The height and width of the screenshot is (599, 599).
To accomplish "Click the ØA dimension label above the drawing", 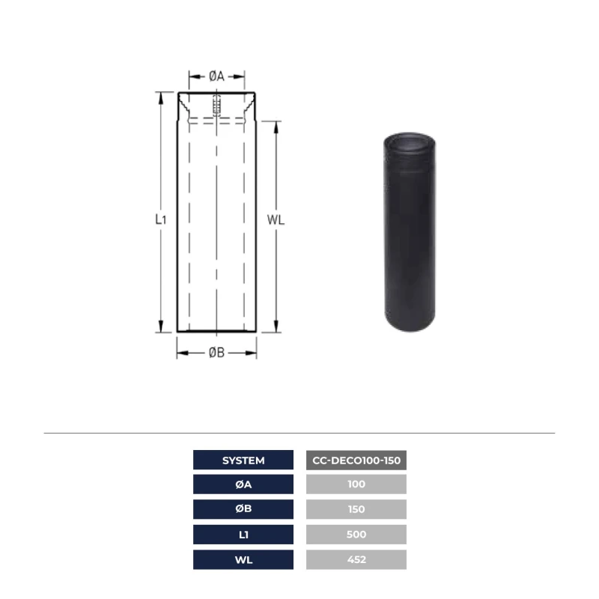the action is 216,76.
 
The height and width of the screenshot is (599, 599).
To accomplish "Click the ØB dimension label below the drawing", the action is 216,353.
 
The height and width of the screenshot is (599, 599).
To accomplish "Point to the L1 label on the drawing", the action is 161,219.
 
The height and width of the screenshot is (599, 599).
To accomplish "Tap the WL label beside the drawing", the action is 276,220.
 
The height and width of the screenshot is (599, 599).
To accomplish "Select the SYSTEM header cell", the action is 243,460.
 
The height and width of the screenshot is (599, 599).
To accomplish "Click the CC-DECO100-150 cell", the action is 356,460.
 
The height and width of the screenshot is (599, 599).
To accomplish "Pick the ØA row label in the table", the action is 243,484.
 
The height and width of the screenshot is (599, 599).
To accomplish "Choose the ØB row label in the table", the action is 243,509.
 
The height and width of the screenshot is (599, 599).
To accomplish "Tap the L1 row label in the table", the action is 243,535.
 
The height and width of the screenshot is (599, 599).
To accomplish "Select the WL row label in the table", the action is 243,559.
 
